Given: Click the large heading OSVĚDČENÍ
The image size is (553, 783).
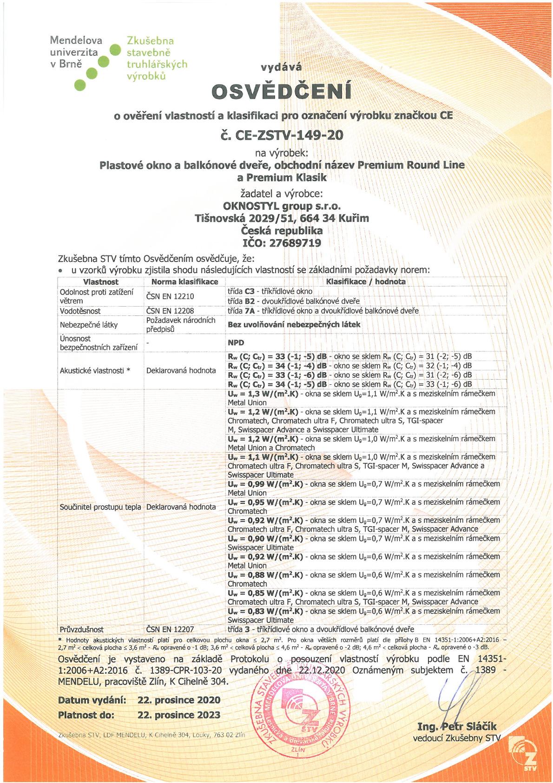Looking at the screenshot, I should pos(281,92).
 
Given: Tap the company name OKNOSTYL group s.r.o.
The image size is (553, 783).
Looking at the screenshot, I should pos(281,205).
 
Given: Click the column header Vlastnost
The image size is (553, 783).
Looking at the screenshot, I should pos(100,281).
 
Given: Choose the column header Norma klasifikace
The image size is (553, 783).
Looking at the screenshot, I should pos(184,281).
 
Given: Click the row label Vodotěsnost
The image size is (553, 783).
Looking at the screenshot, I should pos(80,310).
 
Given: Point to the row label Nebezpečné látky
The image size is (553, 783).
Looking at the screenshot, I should pos(88,325).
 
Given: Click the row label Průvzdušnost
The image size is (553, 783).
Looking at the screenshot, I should pos(82,629).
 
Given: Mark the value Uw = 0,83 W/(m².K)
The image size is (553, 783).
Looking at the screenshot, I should pos(265,611).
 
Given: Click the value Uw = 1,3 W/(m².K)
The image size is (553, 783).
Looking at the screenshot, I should pos(263,394).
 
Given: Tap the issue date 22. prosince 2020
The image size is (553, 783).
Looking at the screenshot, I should pos(179,700).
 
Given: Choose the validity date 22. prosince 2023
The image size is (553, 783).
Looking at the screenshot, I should pos(179,715).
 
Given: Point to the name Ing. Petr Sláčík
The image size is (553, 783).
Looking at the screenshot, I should pos(457,726).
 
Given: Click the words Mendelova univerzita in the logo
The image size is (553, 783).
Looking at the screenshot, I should pos(76,47).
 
